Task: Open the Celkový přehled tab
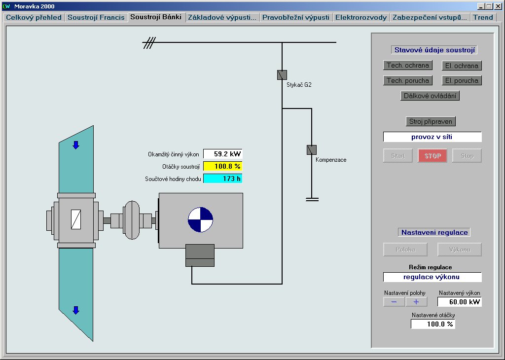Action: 34,17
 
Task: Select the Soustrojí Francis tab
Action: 96,17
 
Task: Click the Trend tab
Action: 483,17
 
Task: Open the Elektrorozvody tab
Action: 361,17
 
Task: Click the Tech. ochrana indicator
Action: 408,65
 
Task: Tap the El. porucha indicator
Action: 461,80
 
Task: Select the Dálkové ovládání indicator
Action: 431,96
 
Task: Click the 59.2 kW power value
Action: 223,154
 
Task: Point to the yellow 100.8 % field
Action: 223,166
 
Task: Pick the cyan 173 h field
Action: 223,179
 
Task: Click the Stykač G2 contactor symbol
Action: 282,74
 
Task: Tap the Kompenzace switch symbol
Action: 311,149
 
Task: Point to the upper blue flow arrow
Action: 76,145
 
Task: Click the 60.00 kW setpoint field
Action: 460,302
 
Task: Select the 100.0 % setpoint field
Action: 433,324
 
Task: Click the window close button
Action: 498,6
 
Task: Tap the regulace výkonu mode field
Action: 433,277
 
